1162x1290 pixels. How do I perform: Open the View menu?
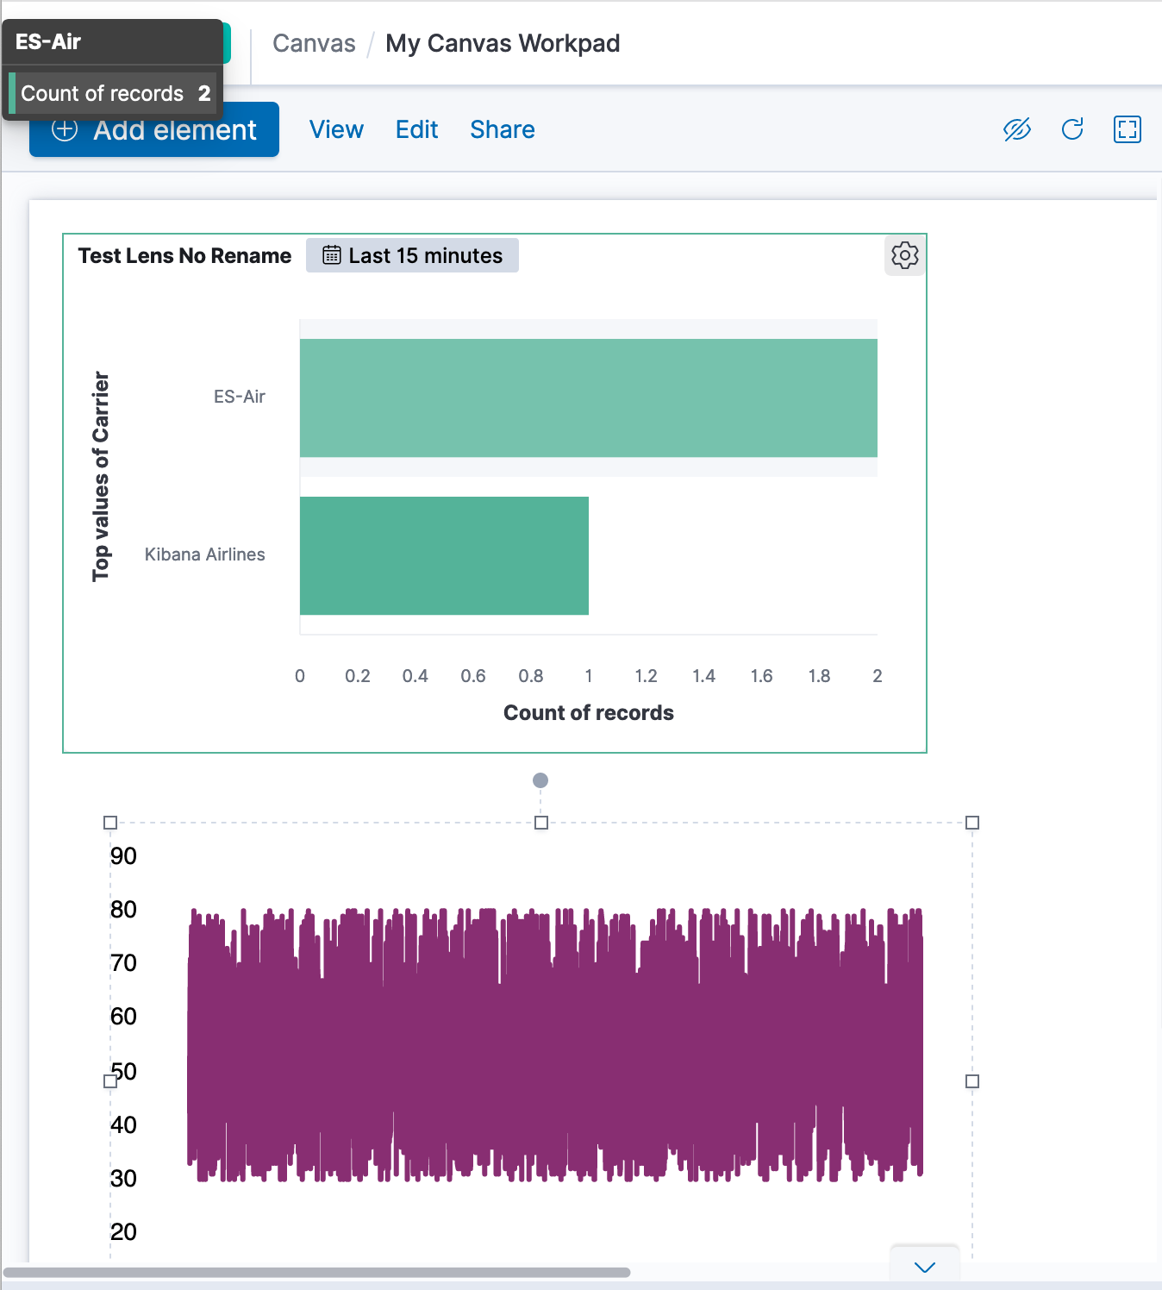tap(336, 129)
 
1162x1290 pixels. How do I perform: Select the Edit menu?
tap(416, 129)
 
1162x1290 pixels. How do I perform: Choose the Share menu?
tap(503, 129)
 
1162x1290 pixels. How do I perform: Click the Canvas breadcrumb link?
tap(314, 43)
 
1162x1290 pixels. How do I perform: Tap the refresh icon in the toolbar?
tap(1072, 129)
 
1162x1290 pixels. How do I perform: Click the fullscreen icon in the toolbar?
tap(1127, 129)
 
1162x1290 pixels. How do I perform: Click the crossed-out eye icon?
tap(1017, 129)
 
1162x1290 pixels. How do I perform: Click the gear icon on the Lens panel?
tap(904, 255)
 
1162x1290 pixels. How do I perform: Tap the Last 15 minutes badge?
tap(412, 255)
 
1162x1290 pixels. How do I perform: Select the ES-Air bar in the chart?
tap(588, 398)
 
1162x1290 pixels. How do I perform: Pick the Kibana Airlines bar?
tap(444, 555)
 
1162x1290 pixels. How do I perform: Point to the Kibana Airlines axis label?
tap(204, 554)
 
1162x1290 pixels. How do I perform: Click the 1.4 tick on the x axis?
tap(703, 676)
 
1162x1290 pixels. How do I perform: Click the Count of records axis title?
tap(588, 712)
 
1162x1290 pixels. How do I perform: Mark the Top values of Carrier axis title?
tap(101, 476)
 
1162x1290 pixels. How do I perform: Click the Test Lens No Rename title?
tap(184, 256)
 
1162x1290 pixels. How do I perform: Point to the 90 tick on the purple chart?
tap(123, 855)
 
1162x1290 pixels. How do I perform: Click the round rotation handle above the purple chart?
tap(540, 780)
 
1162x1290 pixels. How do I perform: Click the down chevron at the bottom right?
tap(924, 1267)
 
